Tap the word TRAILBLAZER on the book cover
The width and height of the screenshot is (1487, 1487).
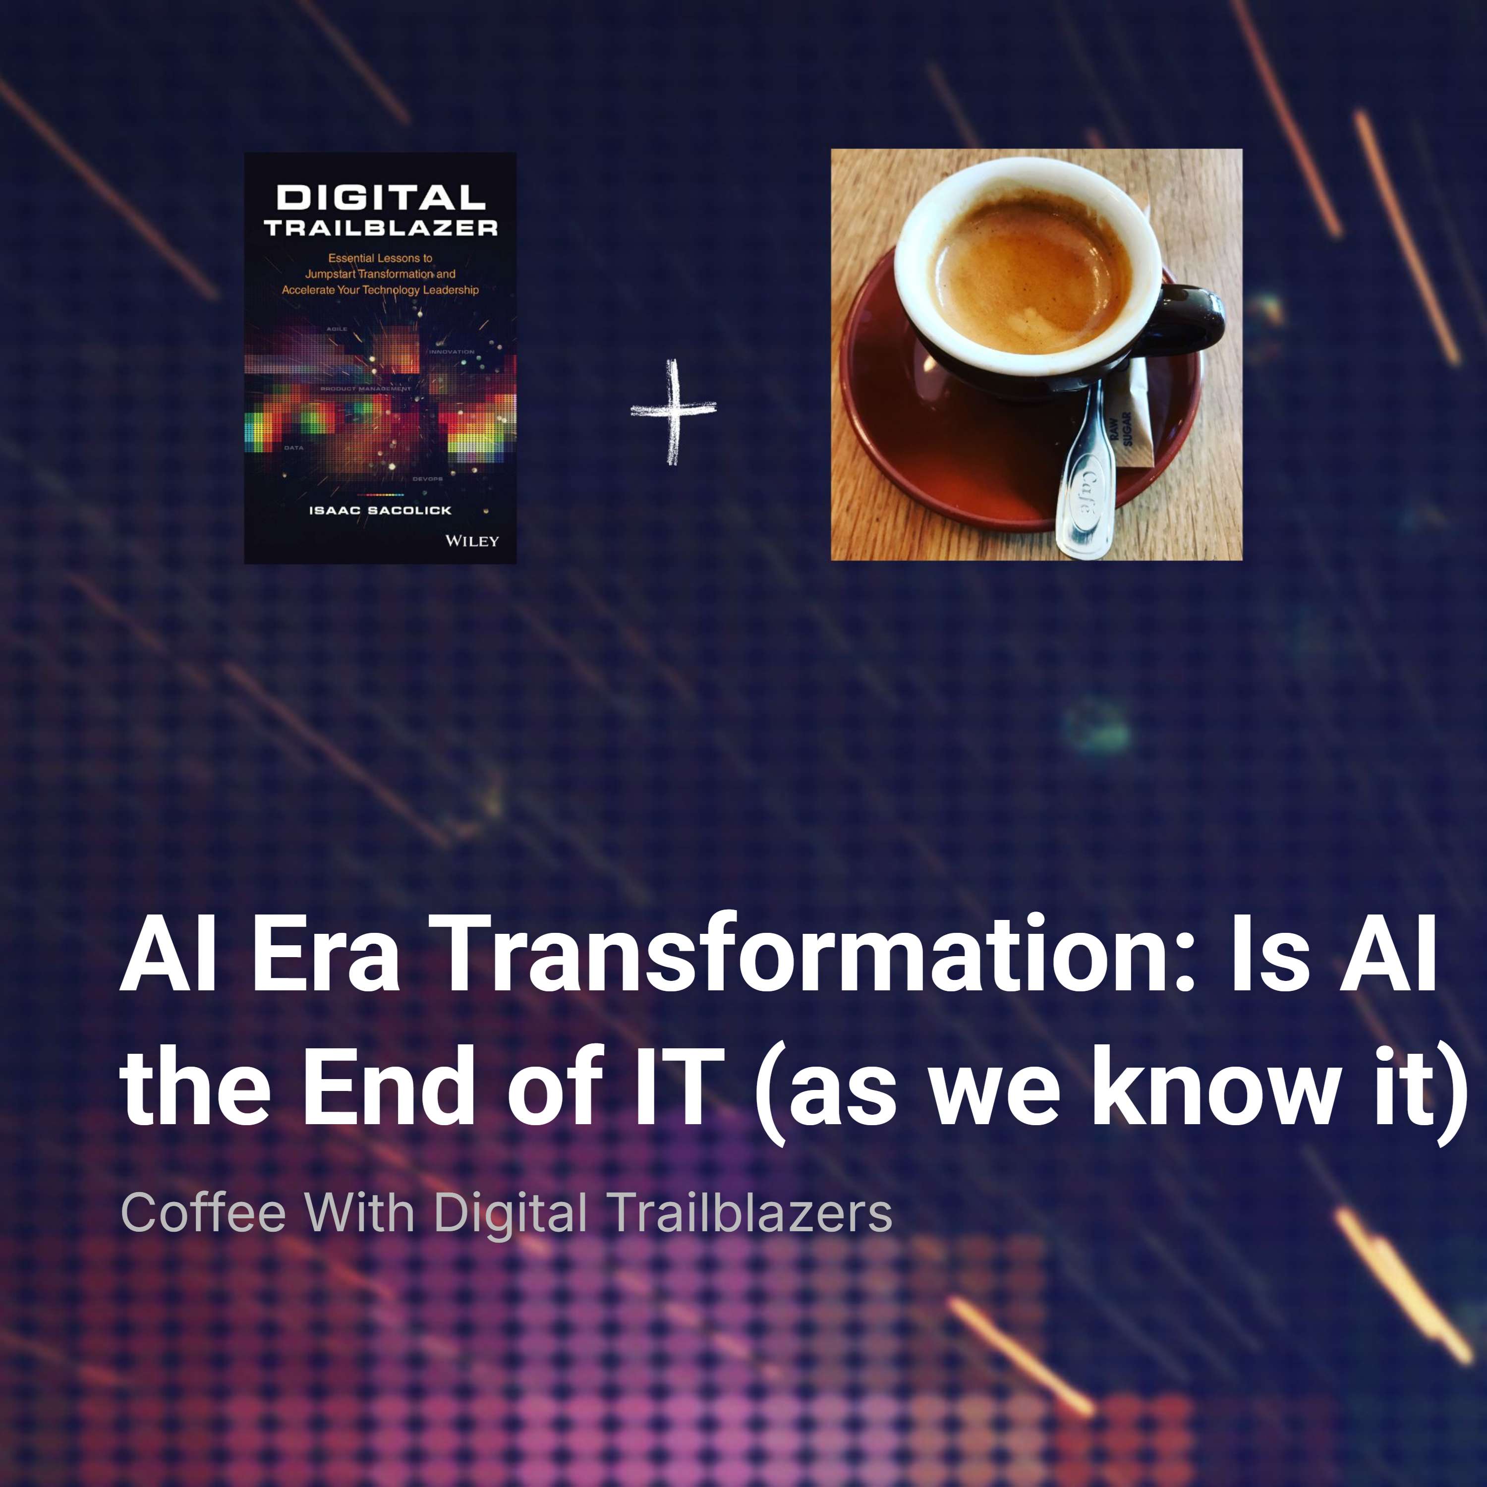(x=381, y=228)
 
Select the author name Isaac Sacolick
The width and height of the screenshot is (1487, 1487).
(x=380, y=511)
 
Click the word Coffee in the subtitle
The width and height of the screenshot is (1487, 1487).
(x=203, y=1213)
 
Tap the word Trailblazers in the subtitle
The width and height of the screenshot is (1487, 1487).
(x=751, y=1213)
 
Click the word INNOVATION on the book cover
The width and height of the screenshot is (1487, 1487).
(x=452, y=352)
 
